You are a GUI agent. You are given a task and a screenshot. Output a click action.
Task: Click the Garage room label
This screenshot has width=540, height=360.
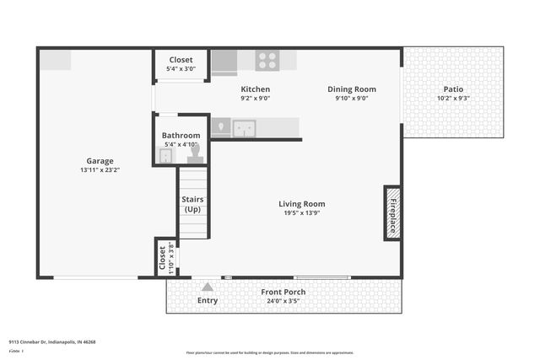pos(100,161)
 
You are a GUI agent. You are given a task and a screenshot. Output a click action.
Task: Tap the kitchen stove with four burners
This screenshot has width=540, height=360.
pos(267,61)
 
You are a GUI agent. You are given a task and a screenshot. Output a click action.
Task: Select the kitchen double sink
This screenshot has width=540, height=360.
pos(245,129)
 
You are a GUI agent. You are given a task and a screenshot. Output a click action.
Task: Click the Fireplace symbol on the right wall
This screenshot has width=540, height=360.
pos(392,212)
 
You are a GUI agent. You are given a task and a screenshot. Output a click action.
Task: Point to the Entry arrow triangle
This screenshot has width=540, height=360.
pos(208,287)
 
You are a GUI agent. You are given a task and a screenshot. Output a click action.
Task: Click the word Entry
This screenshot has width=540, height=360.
pos(208,300)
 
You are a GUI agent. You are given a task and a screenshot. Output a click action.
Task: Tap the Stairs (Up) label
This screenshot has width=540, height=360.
pos(192,204)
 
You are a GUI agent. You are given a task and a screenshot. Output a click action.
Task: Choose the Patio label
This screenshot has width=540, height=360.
pos(453,89)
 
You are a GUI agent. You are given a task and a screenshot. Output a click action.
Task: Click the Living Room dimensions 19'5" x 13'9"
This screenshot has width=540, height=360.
pos(302,212)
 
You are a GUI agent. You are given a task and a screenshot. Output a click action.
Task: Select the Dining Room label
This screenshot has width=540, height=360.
pos(352,89)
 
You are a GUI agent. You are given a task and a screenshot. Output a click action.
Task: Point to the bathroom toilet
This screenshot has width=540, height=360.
pos(195,154)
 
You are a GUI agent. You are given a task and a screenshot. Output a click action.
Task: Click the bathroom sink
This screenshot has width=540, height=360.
pos(165,156)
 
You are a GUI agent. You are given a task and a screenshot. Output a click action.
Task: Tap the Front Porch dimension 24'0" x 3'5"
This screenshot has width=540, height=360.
pos(283,301)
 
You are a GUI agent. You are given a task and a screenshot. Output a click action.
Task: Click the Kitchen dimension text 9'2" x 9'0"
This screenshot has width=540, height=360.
pos(256,98)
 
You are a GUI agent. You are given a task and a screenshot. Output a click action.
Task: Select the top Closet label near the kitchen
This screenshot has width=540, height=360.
pos(181,60)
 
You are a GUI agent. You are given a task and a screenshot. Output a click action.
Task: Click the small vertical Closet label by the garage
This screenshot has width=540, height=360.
pos(162,258)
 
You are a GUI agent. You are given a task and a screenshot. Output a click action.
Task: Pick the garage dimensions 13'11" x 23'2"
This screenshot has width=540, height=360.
pos(100,170)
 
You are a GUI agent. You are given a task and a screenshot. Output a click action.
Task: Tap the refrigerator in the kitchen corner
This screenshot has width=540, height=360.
pos(224,62)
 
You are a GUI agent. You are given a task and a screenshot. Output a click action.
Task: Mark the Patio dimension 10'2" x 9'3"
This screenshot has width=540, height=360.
pos(453,99)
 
